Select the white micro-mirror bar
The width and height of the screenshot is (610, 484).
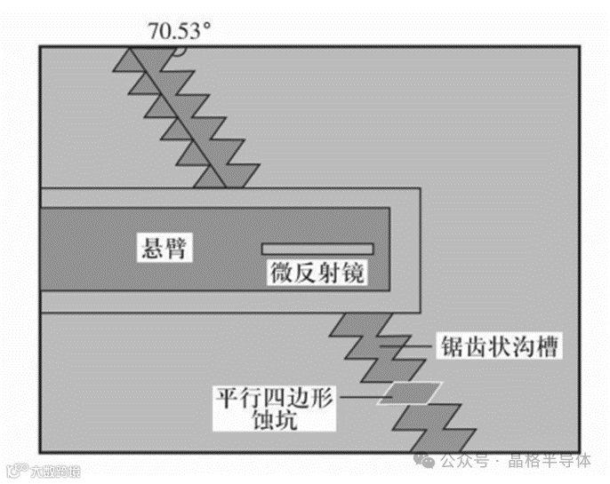point(317,248)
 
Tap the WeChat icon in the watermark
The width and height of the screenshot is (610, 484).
point(429,462)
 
